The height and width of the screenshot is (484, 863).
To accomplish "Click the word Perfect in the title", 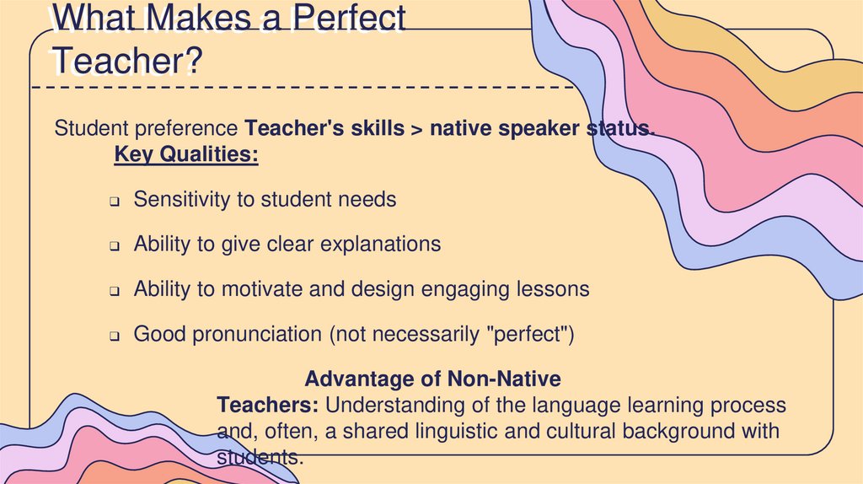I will (348, 19).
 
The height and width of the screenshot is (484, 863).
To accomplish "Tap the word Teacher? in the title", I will (126, 62).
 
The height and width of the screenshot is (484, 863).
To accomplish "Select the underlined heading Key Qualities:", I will (186, 155).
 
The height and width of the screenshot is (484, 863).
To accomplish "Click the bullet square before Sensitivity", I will (115, 202).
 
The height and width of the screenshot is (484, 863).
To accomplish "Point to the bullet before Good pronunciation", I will (115, 336).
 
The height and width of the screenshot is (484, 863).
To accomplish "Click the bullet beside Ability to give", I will (115, 246).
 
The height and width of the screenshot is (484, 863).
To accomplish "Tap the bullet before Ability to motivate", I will (115, 291).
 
